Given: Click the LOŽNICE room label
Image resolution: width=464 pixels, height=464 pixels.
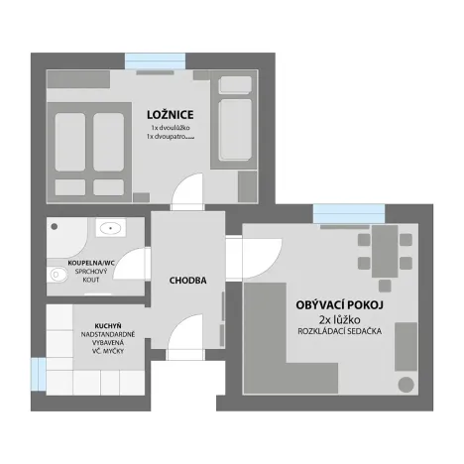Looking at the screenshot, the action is (x=171, y=115).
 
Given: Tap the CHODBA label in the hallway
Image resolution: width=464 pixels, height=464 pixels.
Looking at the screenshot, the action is (x=187, y=281).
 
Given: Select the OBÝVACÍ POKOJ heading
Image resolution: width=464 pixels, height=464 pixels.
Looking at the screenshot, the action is (x=340, y=304).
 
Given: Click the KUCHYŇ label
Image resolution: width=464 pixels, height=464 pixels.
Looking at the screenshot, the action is (x=108, y=326).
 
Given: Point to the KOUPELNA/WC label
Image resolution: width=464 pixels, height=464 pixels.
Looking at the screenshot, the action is (x=91, y=263).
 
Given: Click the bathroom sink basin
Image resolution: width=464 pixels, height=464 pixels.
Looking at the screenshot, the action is (x=110, y=227).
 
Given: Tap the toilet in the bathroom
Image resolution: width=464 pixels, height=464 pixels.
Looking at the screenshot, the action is (x=58, y=275).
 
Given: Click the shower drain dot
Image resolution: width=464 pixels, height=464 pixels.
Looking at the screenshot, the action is (x=55, y=226).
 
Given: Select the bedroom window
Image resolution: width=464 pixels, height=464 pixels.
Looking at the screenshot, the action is (x=155, y=60).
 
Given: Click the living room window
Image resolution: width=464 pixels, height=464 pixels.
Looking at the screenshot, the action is (x=349, y=213).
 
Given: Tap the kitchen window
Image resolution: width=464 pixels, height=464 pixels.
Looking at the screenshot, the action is (x=39, y=374).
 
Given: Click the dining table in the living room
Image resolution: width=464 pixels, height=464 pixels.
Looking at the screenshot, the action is (x=385, y=252).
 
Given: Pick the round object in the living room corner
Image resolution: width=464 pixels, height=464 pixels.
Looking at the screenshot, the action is (x=406, y=385).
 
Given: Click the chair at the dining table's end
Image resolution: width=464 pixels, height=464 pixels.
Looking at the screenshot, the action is (x=385, y=286).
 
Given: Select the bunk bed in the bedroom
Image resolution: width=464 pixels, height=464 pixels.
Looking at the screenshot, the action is (x=234, y=120).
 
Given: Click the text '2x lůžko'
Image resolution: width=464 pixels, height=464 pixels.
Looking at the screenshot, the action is (x=340, y=320).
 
